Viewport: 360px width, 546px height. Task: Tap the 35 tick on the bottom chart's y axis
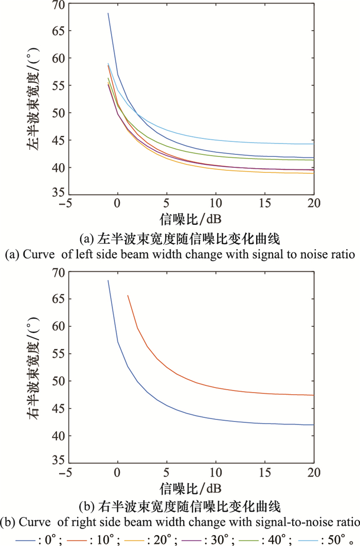pyautogui.click(x=58, y=460)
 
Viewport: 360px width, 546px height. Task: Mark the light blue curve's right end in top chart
pyautogui.click(x=313, y=144)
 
